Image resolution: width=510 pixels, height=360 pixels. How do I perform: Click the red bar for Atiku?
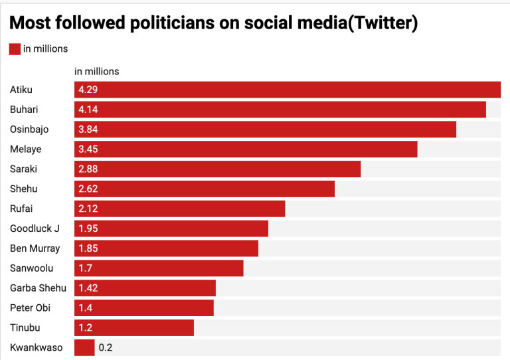[287, 90]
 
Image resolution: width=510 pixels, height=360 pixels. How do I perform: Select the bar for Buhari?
[280, 110]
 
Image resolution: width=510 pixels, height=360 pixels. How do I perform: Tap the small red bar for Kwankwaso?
[84, 347]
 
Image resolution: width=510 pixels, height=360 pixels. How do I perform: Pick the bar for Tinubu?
[133, 327]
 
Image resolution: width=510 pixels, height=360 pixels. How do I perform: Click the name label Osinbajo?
[29, 130]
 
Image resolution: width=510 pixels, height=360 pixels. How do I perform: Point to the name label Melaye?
[26, 149]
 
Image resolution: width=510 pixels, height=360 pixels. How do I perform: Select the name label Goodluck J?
[35, 228]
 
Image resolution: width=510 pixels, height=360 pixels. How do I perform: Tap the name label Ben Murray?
[35, 248]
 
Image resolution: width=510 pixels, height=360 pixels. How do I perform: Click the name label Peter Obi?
[31, 308]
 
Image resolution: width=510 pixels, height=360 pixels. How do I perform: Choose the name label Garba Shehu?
[38, 288]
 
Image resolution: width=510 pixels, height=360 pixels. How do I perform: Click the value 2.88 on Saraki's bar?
[88, 169]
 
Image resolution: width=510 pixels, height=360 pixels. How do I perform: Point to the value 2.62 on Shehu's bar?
[88, 189]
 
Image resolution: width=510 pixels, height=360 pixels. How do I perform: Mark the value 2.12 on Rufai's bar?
[88, 209]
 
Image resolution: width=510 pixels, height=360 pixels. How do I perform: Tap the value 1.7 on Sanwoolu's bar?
[85, 268]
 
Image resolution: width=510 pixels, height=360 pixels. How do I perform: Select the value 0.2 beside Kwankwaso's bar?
[106, 347]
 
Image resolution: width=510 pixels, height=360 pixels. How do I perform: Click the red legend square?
[15, 48]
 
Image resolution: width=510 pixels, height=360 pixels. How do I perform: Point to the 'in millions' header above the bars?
[96, 71]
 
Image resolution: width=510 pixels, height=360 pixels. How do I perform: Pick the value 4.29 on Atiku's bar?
[88, 90]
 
